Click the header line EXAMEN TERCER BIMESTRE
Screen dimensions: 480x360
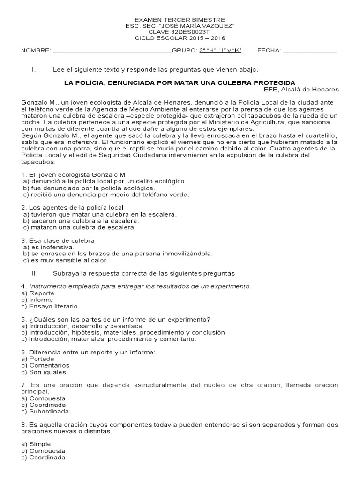[180, 20]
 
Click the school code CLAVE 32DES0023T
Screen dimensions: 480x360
[180, 32]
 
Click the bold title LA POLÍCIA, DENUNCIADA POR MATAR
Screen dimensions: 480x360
[180, 82]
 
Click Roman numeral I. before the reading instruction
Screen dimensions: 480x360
[33, 70]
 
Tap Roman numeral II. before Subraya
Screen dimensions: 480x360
[34, 273]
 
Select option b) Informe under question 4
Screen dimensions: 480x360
[37, 300]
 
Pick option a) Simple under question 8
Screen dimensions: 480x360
[37, 444]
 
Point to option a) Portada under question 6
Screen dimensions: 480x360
[37, 359]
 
